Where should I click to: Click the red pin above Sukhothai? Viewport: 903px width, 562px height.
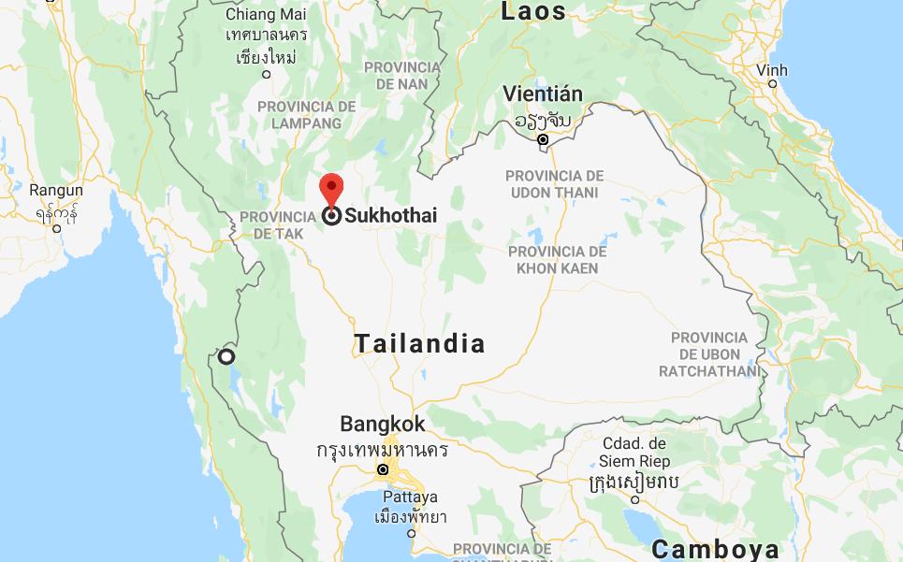[330, 188]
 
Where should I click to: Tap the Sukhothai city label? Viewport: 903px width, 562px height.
[390, 216]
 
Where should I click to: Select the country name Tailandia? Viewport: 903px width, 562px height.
[420, 343]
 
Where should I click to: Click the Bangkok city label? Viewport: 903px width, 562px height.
[382, 424]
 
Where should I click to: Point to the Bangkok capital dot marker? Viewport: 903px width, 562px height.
[383, 469]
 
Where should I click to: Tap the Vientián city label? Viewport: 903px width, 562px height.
[543, 94]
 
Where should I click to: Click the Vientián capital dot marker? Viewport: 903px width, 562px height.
[543, 139]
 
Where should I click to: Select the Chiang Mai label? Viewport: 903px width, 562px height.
[265, 14]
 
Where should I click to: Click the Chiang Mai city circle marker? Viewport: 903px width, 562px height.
[267, 74]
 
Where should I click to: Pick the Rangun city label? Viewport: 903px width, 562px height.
[56, 191]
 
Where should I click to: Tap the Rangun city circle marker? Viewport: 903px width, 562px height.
[57, 228]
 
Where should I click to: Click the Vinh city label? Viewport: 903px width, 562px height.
[772, 70]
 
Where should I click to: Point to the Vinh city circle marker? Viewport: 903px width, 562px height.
[772, 84]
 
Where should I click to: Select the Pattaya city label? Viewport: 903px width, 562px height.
[410, 497]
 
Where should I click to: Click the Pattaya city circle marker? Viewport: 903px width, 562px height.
[411, 533]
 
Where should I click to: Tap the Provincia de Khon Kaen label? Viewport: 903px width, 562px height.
[557, 260]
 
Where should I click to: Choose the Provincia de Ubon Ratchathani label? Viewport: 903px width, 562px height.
[709, 354]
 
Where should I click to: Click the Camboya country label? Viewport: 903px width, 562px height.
[716, 549]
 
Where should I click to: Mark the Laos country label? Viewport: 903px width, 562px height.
[533, 11]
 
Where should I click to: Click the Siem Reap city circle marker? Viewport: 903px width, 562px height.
[634, 499]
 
